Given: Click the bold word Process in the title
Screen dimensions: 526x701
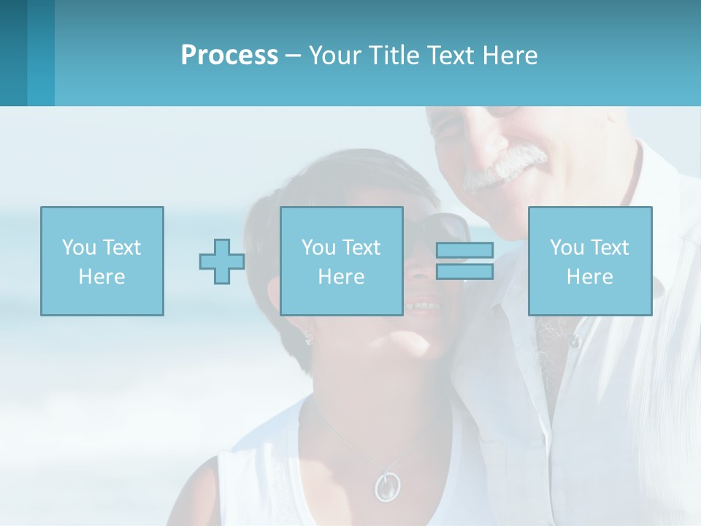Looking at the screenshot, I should click(229, 56).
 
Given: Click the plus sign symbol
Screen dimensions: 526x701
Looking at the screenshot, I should click(222, 261).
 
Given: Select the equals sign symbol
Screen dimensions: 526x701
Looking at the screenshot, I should click(464, 261).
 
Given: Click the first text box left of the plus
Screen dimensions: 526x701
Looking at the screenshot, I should click(101, 261).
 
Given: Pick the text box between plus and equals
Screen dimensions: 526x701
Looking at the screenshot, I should click(341, 261).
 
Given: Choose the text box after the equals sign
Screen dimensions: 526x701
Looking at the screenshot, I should click(589, 261).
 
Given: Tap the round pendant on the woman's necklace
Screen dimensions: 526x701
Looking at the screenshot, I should click(387, 485).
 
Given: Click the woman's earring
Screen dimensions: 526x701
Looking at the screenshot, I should click(307, 338).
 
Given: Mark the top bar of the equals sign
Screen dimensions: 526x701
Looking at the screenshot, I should click(464, 250).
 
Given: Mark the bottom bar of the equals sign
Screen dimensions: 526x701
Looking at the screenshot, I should click(464, 272).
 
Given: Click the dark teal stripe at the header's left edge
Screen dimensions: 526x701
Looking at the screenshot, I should click(13, 53).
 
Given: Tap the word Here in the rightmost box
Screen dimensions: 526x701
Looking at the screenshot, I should click(589, 276).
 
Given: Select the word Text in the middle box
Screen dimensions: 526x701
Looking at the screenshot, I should click(361, 247).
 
